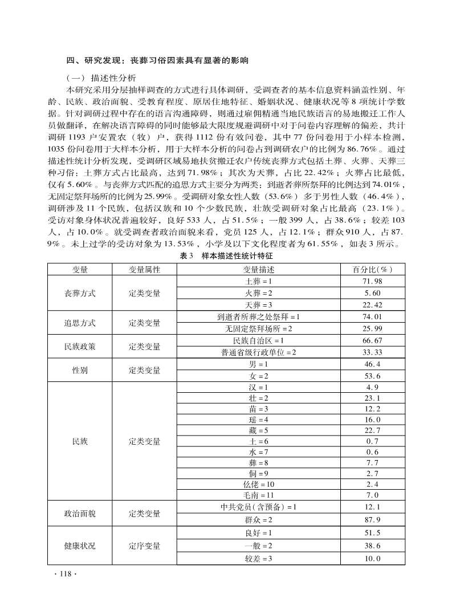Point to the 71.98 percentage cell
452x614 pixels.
pos(372,282)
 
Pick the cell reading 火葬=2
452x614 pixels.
pos(258,293)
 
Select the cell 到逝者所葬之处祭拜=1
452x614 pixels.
pos(258,317)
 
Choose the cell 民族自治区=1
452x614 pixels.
pos(258,340)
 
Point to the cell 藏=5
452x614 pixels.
pos(258,430)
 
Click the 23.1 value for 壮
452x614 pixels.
pos(372,397)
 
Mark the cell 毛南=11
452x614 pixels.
pos(258,495)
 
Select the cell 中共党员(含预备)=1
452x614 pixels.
pos(258,507)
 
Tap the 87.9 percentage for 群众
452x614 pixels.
pos(372,519)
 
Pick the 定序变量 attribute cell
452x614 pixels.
pos(144,546)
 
